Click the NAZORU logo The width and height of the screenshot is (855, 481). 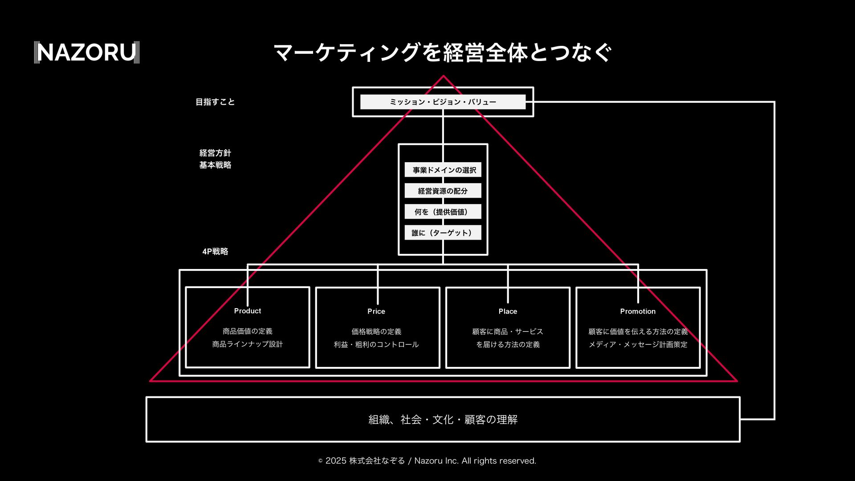pos(87,53)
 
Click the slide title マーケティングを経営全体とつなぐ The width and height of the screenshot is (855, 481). pos(443,53)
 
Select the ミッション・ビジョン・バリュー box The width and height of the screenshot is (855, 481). pos(443,102)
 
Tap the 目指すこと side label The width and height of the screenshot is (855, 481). pos(215,102)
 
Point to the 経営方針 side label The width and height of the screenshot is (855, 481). pos(215,153)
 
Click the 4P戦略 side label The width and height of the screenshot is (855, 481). pos(215,252)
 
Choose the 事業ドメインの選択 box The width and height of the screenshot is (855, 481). pos(443,170)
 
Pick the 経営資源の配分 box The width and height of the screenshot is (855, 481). pos(443,191)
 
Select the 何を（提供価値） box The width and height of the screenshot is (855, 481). pos(443,212)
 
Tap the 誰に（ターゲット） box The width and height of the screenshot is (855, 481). pos(443,233)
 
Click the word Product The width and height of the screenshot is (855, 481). pos(248,311)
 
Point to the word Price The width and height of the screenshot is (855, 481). pos(376,311)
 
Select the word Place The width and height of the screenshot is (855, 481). pos(508,311)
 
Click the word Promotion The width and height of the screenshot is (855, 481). pos(638,311)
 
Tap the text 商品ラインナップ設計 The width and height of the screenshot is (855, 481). pos(248,344)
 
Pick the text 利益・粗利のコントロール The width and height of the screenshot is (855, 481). pos(376,345)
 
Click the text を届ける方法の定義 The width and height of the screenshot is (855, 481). pos(508,345)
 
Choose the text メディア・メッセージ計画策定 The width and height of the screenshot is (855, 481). pos(638,345)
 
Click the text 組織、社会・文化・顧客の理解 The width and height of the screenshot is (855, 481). pos(443,420)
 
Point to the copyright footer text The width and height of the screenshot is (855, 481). pos(427,461)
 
